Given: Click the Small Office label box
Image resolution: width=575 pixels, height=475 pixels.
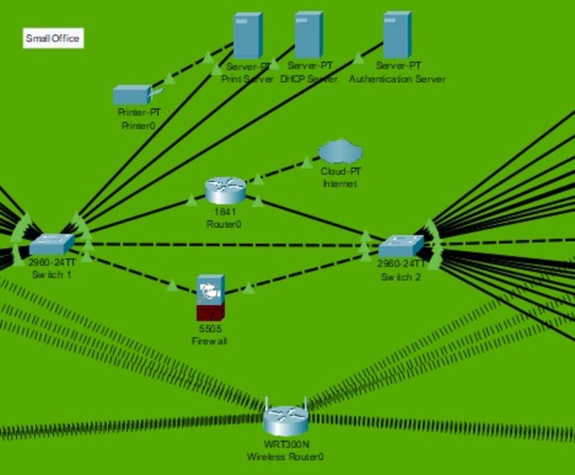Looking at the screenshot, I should click(x=53, y=39).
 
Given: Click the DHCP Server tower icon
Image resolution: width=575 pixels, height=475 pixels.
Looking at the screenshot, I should click(x=308, y=35).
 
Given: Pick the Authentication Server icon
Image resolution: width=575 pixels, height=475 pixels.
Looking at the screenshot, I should click(x=397, y=35).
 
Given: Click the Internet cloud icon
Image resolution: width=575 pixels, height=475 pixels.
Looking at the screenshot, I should click(x=340, y=152).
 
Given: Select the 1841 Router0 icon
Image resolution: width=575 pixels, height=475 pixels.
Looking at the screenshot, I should click(x=225, y=191).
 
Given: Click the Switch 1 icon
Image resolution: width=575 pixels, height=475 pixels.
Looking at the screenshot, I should click(x=52, y=244).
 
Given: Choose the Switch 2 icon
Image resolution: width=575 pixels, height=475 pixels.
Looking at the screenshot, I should click(x=401, y=245).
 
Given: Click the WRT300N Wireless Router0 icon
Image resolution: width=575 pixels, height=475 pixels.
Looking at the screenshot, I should click(x=286, y=420).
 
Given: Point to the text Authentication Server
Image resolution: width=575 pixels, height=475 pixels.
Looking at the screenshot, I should click(x=397, y=79).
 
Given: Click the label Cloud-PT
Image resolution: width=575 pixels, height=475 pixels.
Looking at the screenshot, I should click(x=340, y=171).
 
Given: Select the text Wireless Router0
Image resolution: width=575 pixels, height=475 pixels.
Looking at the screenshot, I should click(x=285, y=457).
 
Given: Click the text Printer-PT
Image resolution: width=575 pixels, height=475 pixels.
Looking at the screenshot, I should click(x=139, y=112).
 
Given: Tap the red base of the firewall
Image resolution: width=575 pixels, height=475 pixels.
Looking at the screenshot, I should click(x=210, y=312).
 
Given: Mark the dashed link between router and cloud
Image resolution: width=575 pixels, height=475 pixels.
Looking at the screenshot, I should click(x=287, y=168).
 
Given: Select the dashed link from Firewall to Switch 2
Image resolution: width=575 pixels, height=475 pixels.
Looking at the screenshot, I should click(x=305, y=273).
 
